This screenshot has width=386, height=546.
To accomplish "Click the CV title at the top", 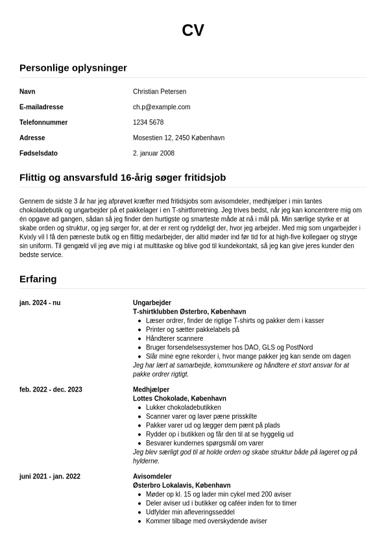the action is pos(193,31).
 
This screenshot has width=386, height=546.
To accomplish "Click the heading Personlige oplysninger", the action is pos(73,68).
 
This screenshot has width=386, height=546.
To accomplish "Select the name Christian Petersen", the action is pos(160,92).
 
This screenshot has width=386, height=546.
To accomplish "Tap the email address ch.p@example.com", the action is pos(162,107).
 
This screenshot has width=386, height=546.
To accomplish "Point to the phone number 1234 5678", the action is pos(148,123).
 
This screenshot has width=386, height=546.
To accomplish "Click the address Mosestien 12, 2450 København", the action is pos(178,138).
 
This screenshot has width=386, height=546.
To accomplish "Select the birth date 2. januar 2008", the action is pos(154,154).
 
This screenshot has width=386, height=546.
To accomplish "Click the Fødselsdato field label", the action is pos(38,154).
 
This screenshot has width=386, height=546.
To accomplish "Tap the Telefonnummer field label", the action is pos(43,123).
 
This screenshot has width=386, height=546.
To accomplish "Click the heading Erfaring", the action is pos(38,279).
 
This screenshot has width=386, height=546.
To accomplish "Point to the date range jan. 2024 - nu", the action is pos(40,303).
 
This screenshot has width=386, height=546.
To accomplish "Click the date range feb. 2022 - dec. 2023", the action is pos(51,390).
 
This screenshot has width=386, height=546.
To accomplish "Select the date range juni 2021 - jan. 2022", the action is pos(50,477).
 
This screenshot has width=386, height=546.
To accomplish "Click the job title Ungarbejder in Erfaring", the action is pos(152,303).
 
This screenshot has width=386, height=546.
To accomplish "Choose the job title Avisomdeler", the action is pos(153,477).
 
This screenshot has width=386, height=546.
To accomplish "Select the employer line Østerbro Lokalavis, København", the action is pos(182,486).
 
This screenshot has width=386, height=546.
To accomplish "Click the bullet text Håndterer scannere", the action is pos(175,339).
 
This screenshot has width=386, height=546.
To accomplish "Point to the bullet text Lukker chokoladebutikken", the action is pos(184,408).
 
